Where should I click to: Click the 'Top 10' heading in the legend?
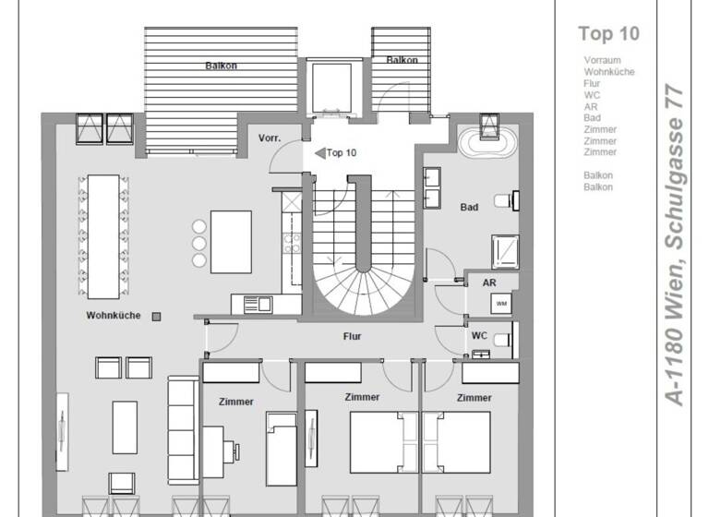click(x=608, y=34)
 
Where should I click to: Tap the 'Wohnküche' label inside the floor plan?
click(x=114, y=316)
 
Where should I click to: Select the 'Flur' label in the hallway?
click(x=352, y=337)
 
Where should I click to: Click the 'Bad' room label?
click(x=469, y=208)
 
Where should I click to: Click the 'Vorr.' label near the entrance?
click(x=270, y=138)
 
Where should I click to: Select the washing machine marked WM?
click(x=500, y=304)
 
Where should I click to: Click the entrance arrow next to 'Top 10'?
click(x=319, y=153)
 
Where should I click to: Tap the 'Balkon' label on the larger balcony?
click(x=222, y=66)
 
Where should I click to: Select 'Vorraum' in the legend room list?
click(x=602, y=60)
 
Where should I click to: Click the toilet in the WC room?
click(x=503, y=340)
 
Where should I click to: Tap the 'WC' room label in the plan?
click(x=479, y=336)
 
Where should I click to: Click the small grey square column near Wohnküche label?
click(x=156, y=316)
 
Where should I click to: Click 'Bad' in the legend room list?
click(x=592, y=118)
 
